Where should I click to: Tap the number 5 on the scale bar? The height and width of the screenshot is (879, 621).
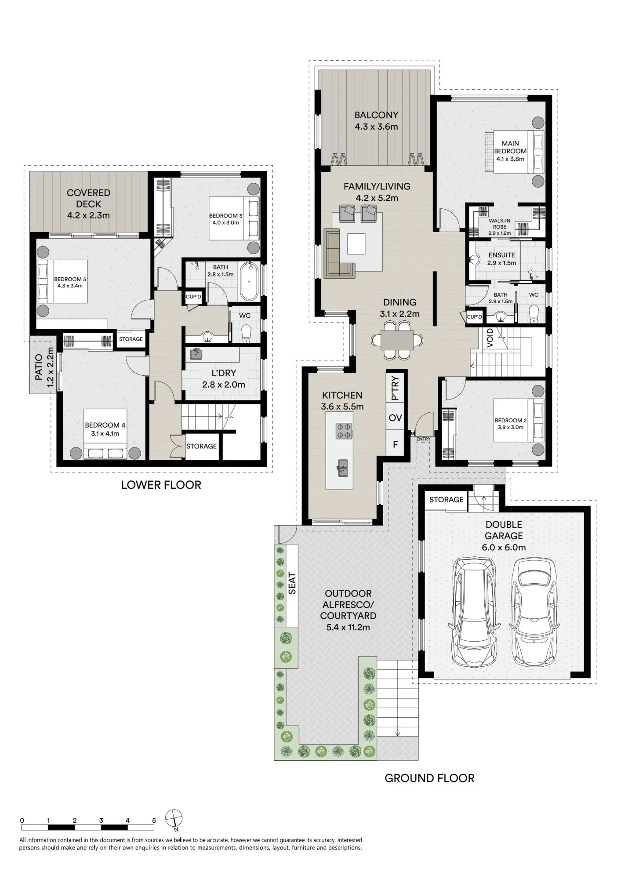[x=154, y=820]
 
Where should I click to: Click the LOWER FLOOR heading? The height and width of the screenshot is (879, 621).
[x=161, y=485]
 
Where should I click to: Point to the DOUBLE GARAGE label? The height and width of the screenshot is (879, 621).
[x=504, y=530]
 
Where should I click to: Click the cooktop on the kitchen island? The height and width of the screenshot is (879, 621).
[x=344, y=431]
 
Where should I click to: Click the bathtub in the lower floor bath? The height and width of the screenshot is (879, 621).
[x=249, y=281]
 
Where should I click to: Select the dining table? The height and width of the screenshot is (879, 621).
[x=397, y=340]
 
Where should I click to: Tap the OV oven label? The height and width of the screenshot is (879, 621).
[x=395, y=418]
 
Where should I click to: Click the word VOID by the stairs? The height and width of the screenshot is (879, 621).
[x=490, y=338]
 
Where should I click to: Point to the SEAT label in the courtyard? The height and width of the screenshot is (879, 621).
[x=292, y=584]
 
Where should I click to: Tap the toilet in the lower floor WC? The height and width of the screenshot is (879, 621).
[x=246, y=334]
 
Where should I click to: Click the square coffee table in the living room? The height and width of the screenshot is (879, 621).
[x=356, y=244]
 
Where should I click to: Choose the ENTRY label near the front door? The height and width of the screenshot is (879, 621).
[x=423, y=439]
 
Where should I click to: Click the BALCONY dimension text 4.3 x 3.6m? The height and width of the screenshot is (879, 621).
[x=376, y=127]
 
